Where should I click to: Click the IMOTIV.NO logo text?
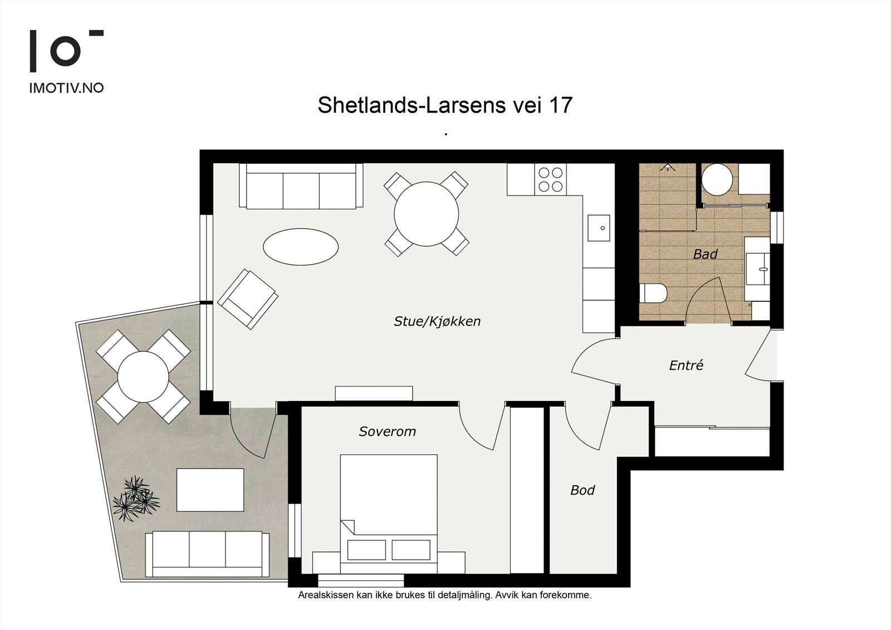(66, 88)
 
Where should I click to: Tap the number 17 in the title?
(561, 105)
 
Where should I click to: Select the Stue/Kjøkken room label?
(437, 321)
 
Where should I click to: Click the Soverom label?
(388, 431)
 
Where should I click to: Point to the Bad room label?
(705, 254)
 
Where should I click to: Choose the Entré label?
(686, 365)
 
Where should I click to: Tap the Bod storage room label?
(582, 490)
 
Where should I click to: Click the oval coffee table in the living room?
(301, 247)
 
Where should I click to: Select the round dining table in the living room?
(427, 214)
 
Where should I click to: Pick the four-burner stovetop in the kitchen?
(551, 179)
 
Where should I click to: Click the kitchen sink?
(599, 228)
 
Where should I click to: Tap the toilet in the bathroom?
(653, 294)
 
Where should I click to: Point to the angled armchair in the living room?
(247, 299)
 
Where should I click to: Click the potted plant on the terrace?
(136, 499)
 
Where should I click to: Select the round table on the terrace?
(143, 377)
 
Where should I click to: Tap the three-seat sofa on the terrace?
(207, 554)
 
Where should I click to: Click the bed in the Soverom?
(389, 514)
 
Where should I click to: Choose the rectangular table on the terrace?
(210, 490)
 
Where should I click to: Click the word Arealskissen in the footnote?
(326, 595)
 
